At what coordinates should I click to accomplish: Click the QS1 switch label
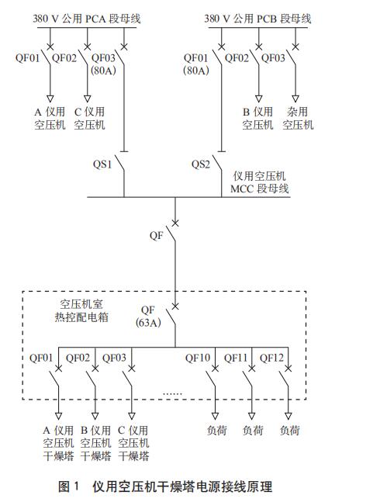[102, 164]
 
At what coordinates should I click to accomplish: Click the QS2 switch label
[201, 164]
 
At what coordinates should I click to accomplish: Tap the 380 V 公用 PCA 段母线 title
[87, 19]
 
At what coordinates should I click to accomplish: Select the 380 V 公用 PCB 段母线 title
[257, 19]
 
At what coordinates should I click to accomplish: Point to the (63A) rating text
[148, 323]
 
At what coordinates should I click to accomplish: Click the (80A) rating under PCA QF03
[103, 70]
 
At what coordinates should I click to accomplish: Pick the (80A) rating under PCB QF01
[195, 70]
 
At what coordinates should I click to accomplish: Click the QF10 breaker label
[198, 358]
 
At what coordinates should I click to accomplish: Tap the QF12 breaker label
[271, 358]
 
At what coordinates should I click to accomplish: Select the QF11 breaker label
[236, 358]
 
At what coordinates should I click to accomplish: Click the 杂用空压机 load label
[298, 118]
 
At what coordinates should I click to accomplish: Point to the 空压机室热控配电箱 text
[81, 310]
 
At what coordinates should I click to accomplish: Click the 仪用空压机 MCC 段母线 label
[260, 182]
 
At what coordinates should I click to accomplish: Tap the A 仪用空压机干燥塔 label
[58, 443]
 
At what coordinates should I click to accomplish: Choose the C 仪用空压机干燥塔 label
[133, 443]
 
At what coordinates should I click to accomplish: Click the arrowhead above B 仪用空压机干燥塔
[95, 416]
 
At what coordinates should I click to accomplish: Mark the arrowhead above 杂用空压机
[295, 99]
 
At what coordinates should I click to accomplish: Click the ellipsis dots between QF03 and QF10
[172, 393]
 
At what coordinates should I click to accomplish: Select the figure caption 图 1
[68, 486]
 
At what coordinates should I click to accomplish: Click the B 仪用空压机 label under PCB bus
[257, 118]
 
